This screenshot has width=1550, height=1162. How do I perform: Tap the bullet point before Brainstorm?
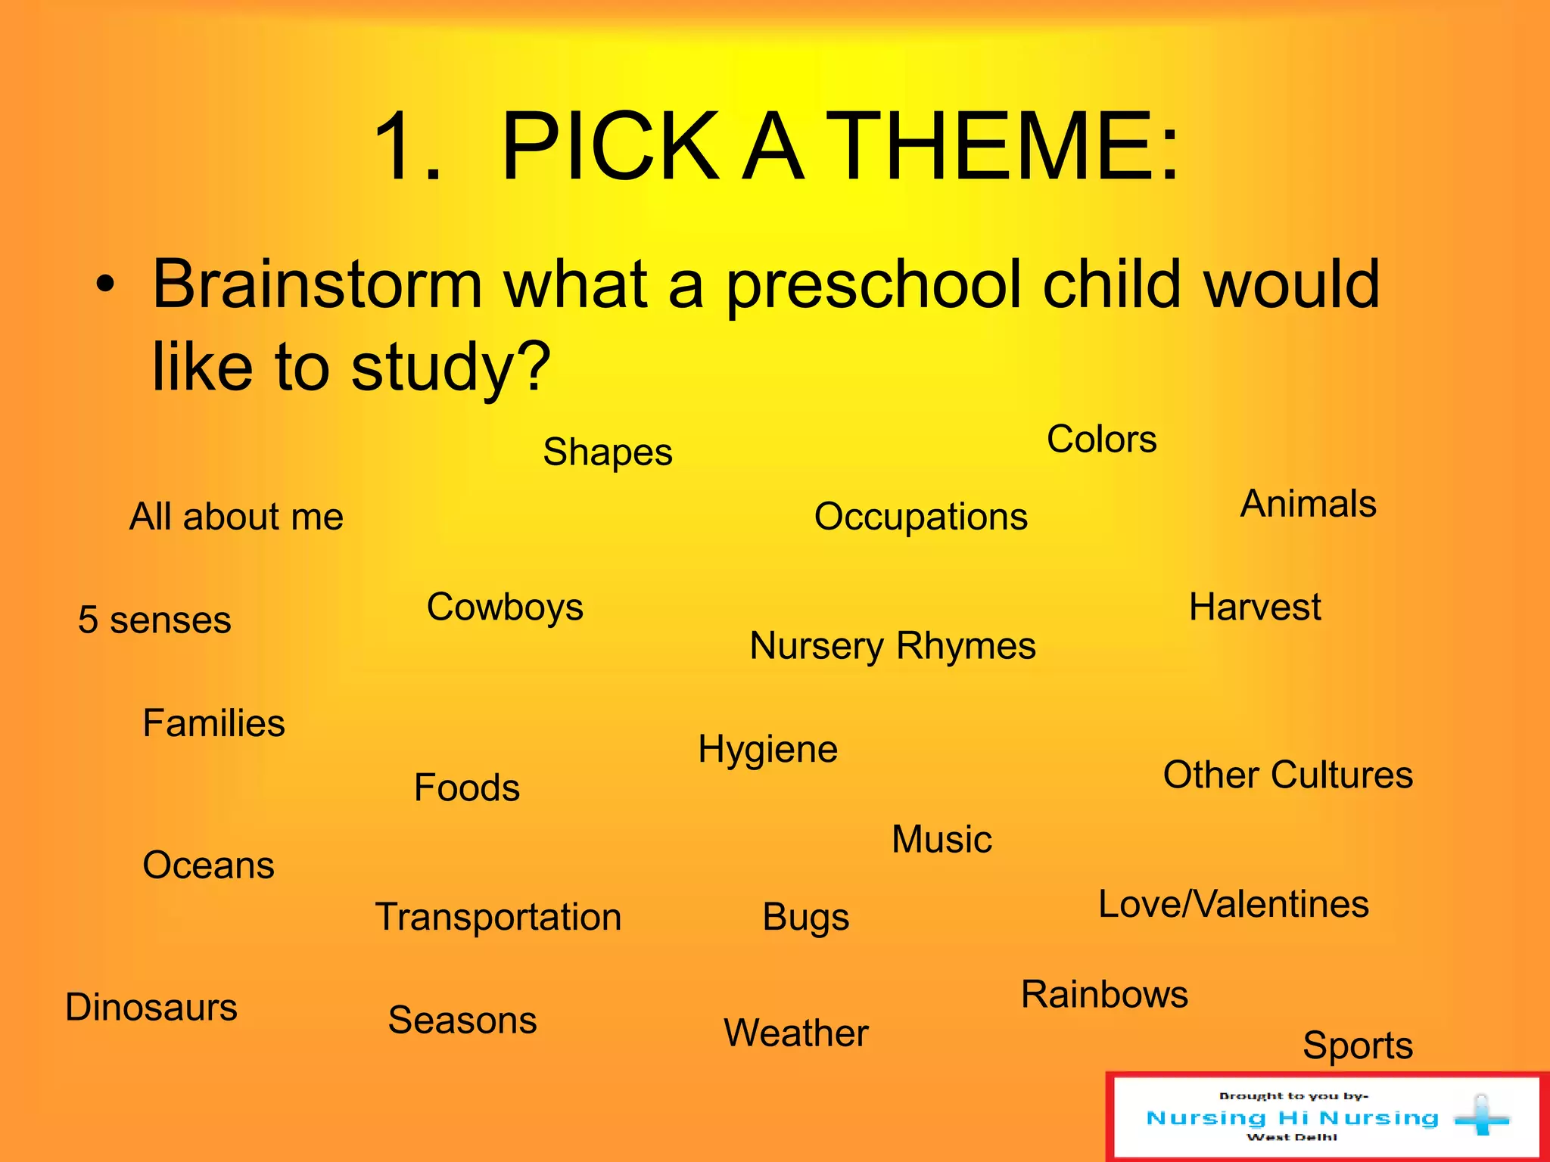(x=106, y=285)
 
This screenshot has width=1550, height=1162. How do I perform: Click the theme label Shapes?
(x=607, y=452)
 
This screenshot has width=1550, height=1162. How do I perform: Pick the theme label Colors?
(x=1101, y=440)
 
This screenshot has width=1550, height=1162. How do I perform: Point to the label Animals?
(x=1308, y=504)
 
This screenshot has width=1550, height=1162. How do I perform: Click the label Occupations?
(x=920, y=517)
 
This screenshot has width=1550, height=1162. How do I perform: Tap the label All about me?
(x=236, y=517)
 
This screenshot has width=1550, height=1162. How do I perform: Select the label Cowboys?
(x=505, y=607)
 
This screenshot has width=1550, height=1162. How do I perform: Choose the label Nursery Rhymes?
(x=892, y=646)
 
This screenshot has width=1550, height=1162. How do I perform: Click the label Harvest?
(x=1254, y=607)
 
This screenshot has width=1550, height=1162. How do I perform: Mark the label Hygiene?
(x=767, y=750)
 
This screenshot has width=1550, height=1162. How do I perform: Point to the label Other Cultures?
(x=1287, y=775)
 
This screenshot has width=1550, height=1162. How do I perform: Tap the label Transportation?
(x=498, y=918)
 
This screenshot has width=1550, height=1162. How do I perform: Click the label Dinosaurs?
(x=151, y=1008)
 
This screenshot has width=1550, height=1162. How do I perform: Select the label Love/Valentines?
(x=1233, y=905)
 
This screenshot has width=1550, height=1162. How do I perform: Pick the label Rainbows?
(x=1104, y=995)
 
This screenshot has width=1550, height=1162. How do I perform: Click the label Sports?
(x=1357, y=1046)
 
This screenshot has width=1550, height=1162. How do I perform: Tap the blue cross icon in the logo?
(x=1481, y=1117)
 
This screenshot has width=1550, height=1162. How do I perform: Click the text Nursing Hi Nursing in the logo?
(x=1292, y=1118)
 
